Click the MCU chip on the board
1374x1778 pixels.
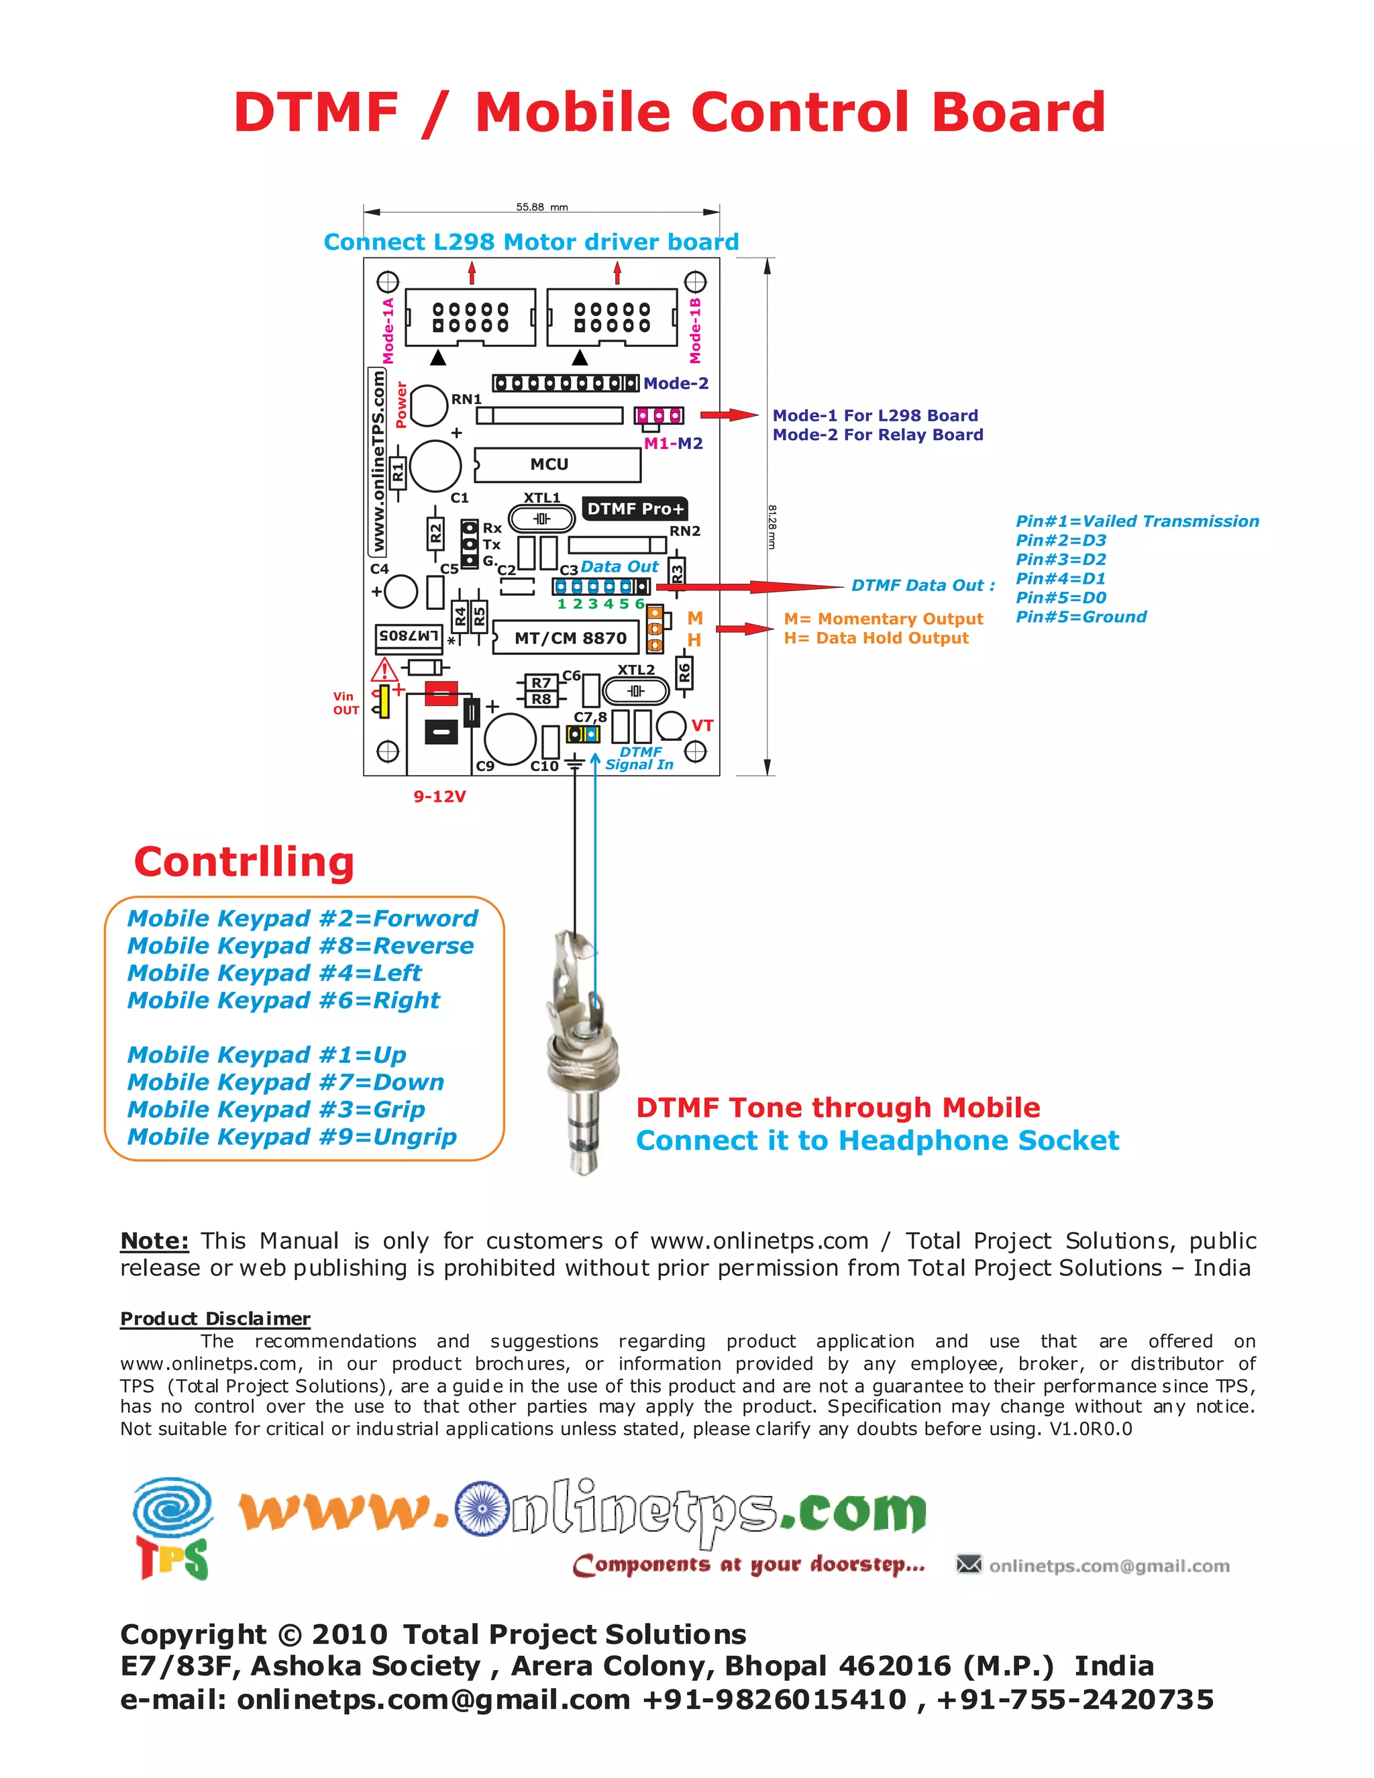558,465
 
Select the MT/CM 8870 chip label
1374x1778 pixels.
571,638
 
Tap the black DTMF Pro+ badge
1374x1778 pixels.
635,509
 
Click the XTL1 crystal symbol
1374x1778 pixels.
541,519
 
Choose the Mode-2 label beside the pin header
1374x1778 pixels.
676,383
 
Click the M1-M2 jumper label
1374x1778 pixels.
673,443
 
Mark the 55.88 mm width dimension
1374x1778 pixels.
541,207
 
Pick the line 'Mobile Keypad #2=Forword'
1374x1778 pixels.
302,919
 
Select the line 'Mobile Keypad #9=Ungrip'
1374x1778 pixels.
291,1137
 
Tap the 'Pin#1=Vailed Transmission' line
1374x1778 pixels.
1137,521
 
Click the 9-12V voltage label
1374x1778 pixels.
439,796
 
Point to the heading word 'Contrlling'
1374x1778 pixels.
244,862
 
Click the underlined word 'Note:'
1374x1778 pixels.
155,1241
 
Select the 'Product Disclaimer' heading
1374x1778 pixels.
215,1319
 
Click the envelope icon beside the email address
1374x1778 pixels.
969,1564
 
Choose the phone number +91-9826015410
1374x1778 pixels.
774,1700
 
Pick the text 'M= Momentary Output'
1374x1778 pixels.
883,619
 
